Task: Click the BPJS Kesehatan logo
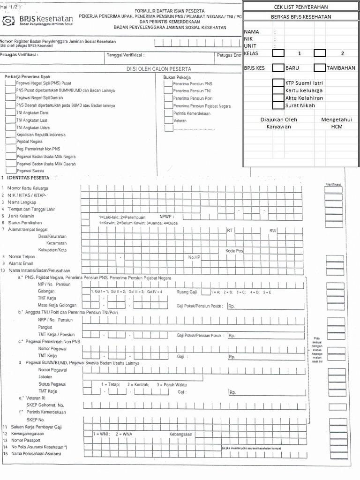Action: click(x=38, y=21)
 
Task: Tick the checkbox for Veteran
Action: click(x=168, y=120)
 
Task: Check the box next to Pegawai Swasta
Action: click(x=10, y=171)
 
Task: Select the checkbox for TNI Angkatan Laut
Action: click(x=10, y=120)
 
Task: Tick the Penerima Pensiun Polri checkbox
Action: click(x=168, y=98)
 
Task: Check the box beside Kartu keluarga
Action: click(x=278, y=90)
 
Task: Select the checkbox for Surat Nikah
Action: click(x=278, y=105)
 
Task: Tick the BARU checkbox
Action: click(x=278, y=67)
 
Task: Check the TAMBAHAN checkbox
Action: click(x=320, y=67)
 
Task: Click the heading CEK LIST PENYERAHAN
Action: click(x=301, y=7)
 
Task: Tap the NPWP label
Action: click(x=166, y=217)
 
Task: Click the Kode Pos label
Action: click(x=234, y=251)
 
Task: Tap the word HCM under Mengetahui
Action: click(x=337, y=127)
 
